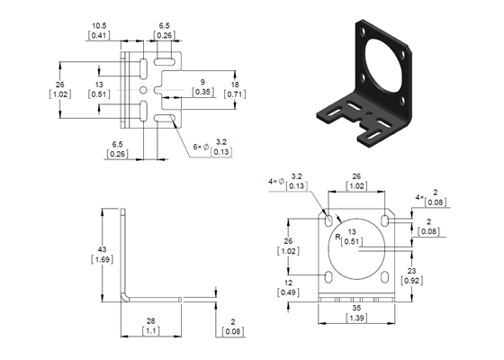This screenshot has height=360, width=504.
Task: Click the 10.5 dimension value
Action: pyautogui.click(x=99, y=25)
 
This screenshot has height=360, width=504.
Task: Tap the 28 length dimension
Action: pyautogui.click(x=150, y=321)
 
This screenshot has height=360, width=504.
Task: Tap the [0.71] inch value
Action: pyautogui.click(x=235, y=93)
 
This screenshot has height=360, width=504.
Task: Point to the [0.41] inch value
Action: pyautogui.click(x=99, y=36)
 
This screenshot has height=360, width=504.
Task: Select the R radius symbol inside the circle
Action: pyautogui.click(x=337, y=237)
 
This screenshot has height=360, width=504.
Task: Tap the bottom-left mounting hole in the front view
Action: pyautogui.click(x=326, y=276)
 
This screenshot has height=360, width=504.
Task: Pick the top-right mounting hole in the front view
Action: pyautogui.click(x=384, y=220)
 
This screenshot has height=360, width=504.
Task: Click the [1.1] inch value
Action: pyautogui.click(x=150, y=332)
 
